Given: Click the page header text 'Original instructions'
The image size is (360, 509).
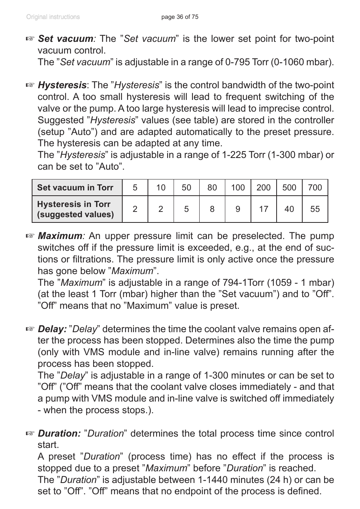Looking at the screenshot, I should (53, 17).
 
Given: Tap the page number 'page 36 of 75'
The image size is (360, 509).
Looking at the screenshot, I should (180, 17).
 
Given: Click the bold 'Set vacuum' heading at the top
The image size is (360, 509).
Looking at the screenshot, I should (66, 39).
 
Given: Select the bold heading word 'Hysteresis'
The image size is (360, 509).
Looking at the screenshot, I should (62, 85).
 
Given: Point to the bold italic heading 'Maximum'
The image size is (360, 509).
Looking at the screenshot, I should (60, 236).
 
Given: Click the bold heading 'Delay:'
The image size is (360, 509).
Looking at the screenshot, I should (52, 329).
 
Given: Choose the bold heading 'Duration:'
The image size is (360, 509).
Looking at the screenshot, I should (59, 434).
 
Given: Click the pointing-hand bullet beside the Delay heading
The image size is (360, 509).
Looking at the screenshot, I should (30, 329).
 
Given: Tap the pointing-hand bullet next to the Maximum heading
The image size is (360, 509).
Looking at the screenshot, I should (30, 236).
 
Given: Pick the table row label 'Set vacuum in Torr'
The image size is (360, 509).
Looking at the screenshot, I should (75, 188).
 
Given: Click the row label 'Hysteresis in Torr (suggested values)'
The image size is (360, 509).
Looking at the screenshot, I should (75, 209).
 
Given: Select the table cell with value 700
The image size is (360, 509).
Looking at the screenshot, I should (315, 188).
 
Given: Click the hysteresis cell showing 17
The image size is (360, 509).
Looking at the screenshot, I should (263, 209).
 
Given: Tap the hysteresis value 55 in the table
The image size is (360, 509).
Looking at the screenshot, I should (315, 209).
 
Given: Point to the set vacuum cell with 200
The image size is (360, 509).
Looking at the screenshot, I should (263, 188).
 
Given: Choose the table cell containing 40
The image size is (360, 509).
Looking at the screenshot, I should (289, 209).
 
